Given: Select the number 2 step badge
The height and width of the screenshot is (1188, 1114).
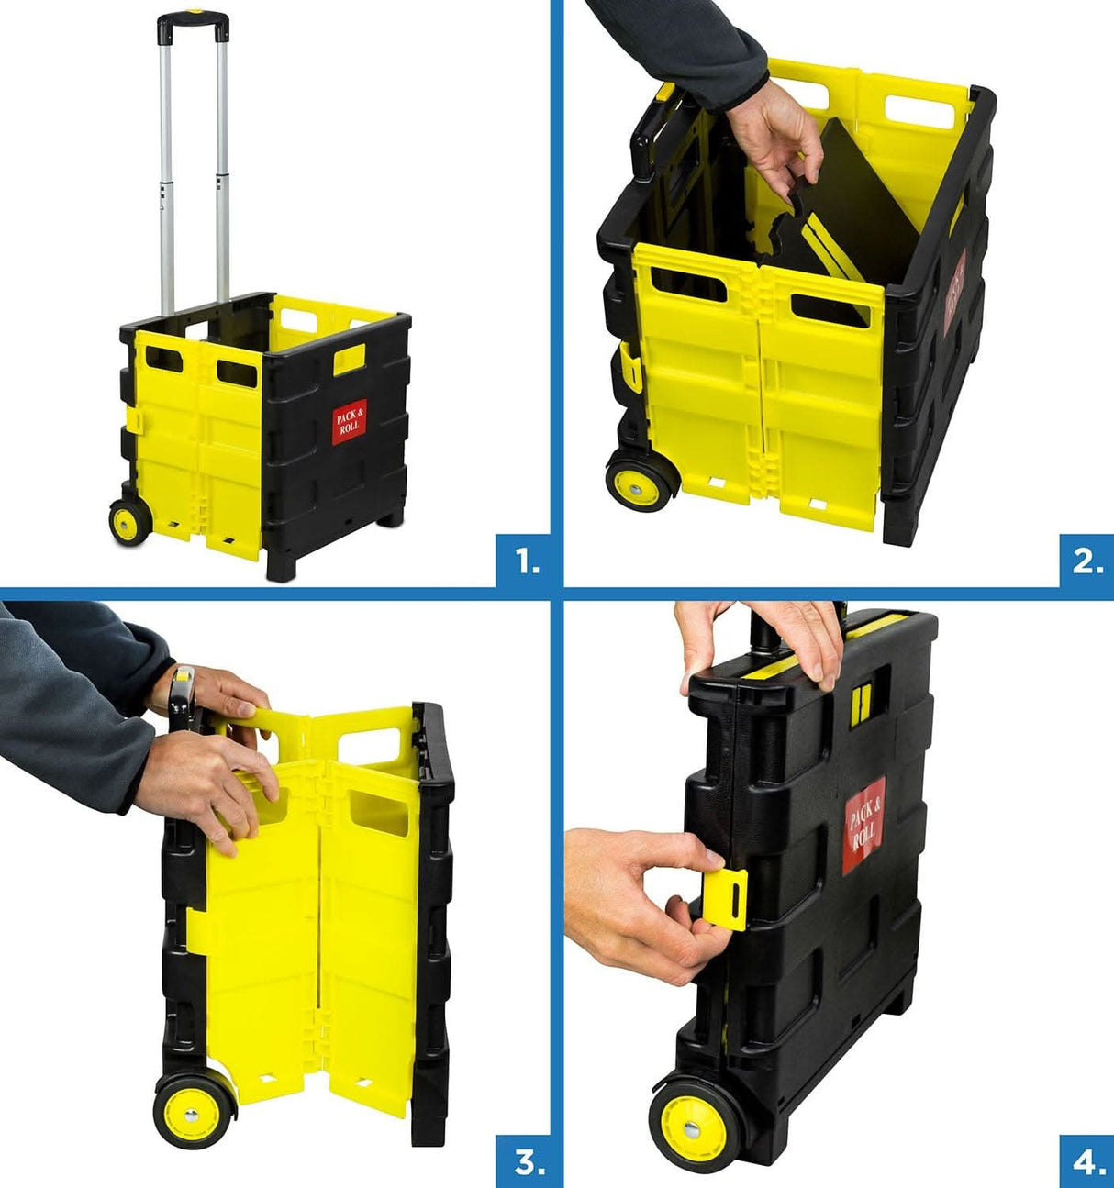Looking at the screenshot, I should pos(1086,561).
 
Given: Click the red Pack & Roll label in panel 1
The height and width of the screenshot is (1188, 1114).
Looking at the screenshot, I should pos(350,423).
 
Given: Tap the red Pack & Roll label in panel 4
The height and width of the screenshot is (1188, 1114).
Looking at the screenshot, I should pos(865,823).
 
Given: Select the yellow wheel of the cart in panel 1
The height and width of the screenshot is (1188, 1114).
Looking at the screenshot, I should pos(128,522).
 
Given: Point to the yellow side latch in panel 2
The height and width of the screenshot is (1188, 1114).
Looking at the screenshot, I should pos(629,368).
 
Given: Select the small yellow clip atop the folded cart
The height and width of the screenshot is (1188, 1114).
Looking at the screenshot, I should pos(861,703).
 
